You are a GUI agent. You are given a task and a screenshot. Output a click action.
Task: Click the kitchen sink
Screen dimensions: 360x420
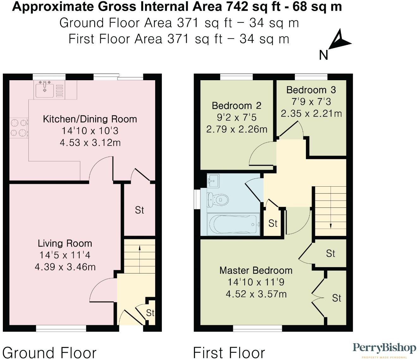coord(45,89)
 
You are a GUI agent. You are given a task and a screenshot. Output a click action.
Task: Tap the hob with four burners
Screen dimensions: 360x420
coord(19,128)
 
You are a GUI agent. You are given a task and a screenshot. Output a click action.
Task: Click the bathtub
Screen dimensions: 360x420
coord(233,224)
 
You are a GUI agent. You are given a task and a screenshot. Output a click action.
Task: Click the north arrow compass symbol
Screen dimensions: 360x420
coord(339,41)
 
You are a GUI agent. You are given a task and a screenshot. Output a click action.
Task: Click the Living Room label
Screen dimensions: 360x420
coord(65,243)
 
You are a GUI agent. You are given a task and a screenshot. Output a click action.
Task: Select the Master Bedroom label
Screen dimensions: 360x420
coord(256,270)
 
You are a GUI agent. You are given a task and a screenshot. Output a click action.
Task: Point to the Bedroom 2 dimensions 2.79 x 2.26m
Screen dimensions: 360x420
coord(237,129)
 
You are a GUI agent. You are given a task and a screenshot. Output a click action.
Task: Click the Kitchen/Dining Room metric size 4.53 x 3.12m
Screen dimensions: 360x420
coord(90,142)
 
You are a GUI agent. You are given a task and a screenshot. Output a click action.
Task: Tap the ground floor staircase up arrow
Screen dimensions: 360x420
coord(139,249)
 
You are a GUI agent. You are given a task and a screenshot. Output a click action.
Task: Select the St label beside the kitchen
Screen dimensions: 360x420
coord(139,210)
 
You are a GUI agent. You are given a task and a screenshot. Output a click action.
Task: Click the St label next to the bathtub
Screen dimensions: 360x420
coord(273,223)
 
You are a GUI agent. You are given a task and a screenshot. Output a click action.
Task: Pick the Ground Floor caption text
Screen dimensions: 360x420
coord(49,352)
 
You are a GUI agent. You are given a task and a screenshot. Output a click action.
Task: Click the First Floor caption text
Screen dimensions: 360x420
coord(229,352)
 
